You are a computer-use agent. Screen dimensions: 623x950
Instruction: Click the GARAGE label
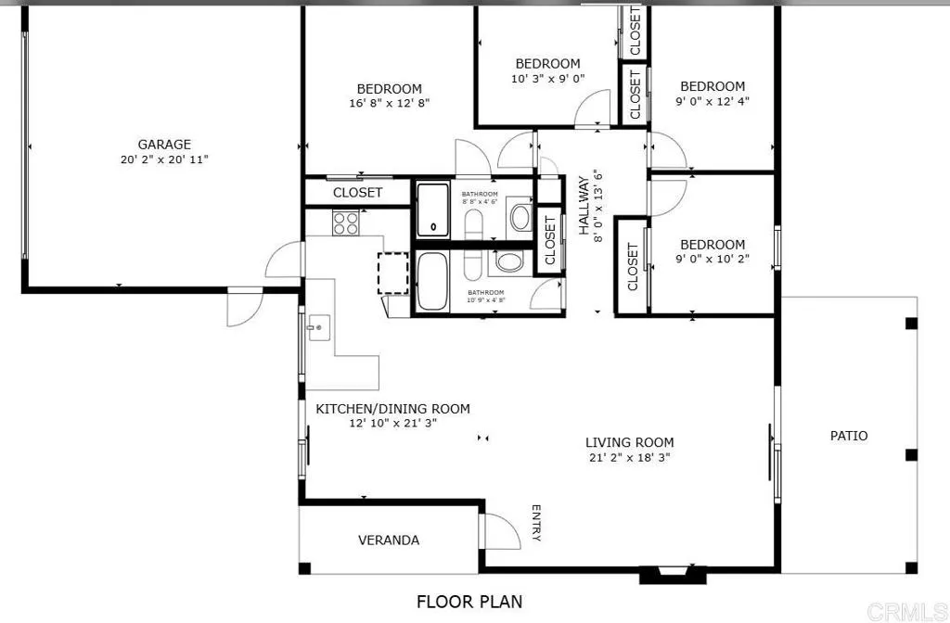coord(164,144)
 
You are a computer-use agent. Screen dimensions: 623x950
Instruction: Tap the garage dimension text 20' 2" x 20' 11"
coord(164,159)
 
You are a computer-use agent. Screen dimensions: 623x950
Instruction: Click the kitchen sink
coord(318,327)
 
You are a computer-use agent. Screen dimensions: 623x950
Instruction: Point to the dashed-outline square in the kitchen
coord(393,273)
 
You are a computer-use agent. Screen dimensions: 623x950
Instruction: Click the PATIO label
coord(848,435)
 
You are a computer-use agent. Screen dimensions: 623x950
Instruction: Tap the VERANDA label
coord(389,540)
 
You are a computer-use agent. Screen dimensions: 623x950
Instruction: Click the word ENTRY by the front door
coord(536,523)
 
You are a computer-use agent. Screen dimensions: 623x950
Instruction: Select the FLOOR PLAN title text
coord(469,602)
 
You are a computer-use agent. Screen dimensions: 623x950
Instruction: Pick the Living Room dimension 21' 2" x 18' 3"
coord(629,458)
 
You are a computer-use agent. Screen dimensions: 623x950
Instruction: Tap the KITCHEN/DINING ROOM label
coord(392,409)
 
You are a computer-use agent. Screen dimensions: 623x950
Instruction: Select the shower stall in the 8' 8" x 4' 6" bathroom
coord(431,209)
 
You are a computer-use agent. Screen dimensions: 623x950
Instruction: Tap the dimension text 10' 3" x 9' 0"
coord(547,79)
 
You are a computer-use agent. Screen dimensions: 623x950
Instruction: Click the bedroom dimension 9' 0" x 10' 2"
coord(712,260)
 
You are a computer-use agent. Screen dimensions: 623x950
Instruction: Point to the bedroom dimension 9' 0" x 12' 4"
coord(712,102)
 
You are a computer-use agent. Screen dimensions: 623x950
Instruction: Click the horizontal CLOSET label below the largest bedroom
coord(357,193)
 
